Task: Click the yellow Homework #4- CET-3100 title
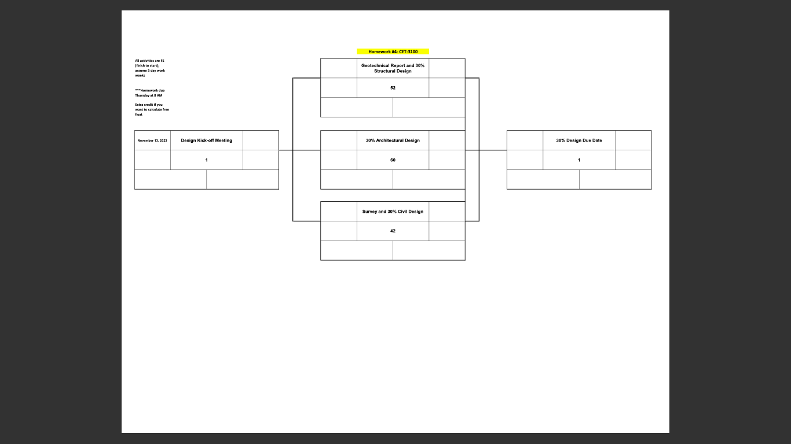tap(393, 51)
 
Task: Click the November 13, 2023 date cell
tap(152, 140)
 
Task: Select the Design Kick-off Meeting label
tap(206, 140)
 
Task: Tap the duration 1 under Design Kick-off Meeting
tap(206, 160)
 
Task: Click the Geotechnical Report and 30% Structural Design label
tap(393, 68)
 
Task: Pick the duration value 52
tap(393, 88)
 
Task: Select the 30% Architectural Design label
tap(393, 140)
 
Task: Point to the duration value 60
tap(393, 160)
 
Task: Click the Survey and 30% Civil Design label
tap(393, 212)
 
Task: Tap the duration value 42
tap(393, 231)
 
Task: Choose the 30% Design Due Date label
tap(578, 140)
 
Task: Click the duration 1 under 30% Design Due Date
tap(578, 160)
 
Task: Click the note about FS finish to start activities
tap(150, 68)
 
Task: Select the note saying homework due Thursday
tap(149, 92)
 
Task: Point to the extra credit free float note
tap(152, 109)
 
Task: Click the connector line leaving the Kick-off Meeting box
tap(285, 150)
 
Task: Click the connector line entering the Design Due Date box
tap(493, 150)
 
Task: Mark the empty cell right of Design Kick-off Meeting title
tap(261, 140)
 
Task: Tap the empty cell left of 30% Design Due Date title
tap(525, 140)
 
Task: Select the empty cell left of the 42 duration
tap(339, 231)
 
